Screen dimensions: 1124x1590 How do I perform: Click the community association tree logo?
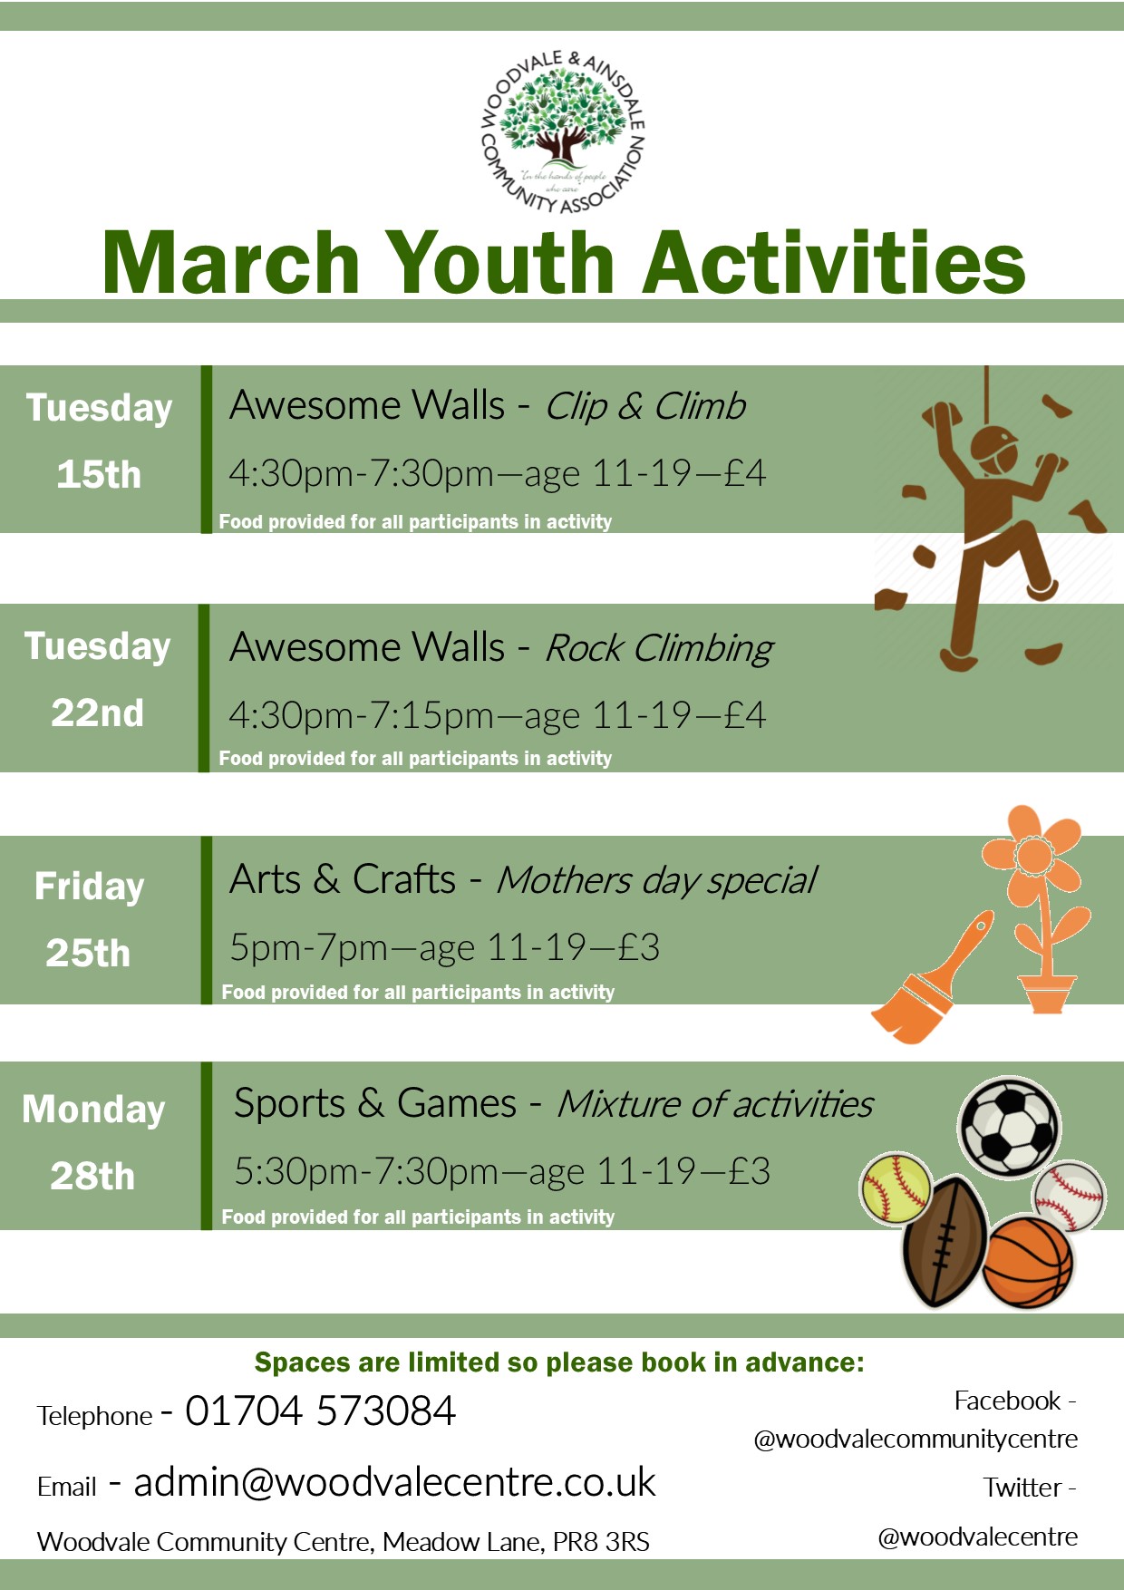(x=563, y=132)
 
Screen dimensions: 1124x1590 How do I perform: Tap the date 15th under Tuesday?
(x=99, y=475)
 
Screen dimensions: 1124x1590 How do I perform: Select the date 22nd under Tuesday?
(x=97, y=713)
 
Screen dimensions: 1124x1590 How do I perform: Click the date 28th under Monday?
(x=92, y=1177)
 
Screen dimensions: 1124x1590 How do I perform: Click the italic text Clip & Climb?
(x=645, y=407)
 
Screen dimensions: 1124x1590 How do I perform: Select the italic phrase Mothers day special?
(x=656, y=880)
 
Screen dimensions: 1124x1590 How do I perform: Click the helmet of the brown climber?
(x=994, y=446)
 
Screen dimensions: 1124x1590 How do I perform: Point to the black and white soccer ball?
(x=1009, y=1127)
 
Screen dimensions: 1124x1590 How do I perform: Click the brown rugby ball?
(x=945, y=1242)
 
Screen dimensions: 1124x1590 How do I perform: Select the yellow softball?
(x=896, y=1189)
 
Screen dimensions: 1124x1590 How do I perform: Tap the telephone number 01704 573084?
(x=320, y=1411)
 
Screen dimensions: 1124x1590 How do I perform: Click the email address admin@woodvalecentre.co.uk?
(x=394, y=1482)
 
